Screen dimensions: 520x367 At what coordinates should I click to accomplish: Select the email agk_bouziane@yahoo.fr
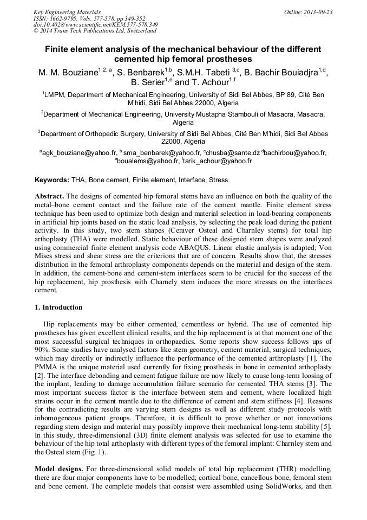click(78, 153)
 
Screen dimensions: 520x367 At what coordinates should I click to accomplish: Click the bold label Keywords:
click(52, 179)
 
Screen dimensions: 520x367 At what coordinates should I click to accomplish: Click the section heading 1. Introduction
click(58, 307)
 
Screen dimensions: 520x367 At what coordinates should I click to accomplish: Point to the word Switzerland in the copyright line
click(139, 31)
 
